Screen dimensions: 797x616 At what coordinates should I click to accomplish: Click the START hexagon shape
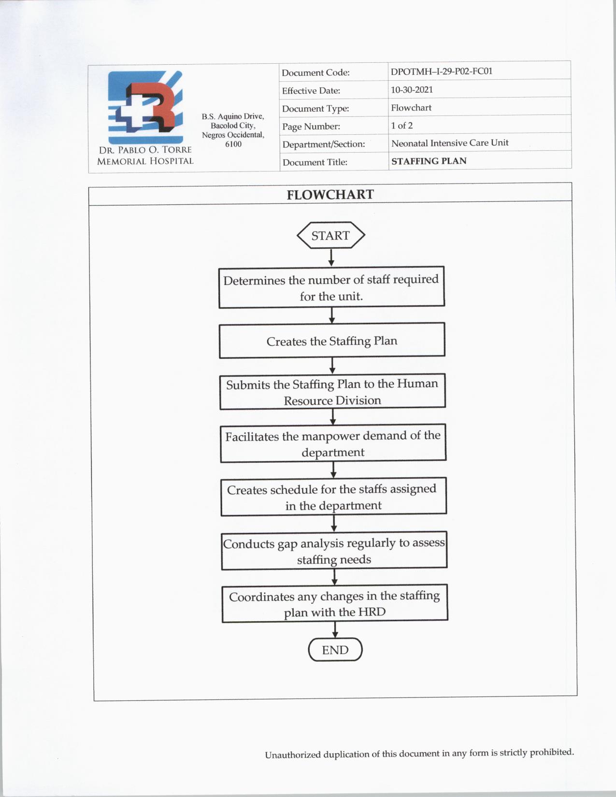pyautogui.click(x=330, y=235)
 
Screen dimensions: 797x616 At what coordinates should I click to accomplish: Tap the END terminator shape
pyautogui.click(x=335, y=650)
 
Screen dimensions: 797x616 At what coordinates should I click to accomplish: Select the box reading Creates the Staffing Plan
pyautogui.click(x=332, y=341)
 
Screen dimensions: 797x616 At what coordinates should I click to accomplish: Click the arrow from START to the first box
pyautogui.click(x=331, y=257)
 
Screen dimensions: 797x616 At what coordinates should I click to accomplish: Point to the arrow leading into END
pyautogui.click(x=335, y=629)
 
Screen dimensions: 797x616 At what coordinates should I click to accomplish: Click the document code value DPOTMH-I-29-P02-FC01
pyautogui.click(x=442, y=71)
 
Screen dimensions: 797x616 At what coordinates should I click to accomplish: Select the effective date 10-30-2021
pyautogui.click(x=412, y=90)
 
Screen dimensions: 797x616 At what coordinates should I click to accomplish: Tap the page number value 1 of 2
pyautogui.click(x=402, y=126)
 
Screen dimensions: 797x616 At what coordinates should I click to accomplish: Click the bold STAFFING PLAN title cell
pyautogui.click(x=429, y=161)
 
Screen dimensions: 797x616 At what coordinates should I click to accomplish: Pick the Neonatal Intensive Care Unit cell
pyautogui.click(x=450, y=143)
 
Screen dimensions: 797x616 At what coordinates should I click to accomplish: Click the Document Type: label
pyautogui.click(x=315, y=109)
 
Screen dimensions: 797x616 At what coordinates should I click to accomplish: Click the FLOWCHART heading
pyautogui.click(x=330, y=195)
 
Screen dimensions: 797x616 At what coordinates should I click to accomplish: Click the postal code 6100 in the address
pyautogui.click(x=233, y=144)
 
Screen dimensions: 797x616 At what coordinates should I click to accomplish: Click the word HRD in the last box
pyautogui.click(x=372, y=612)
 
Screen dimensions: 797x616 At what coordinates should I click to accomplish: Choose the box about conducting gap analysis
pyautogui.click(x=334, y=551)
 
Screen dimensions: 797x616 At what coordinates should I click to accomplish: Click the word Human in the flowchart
pyautogui.click(x=417, y=384)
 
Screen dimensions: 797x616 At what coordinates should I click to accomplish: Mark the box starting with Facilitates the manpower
pyautogui.click(x=333, y=443)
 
